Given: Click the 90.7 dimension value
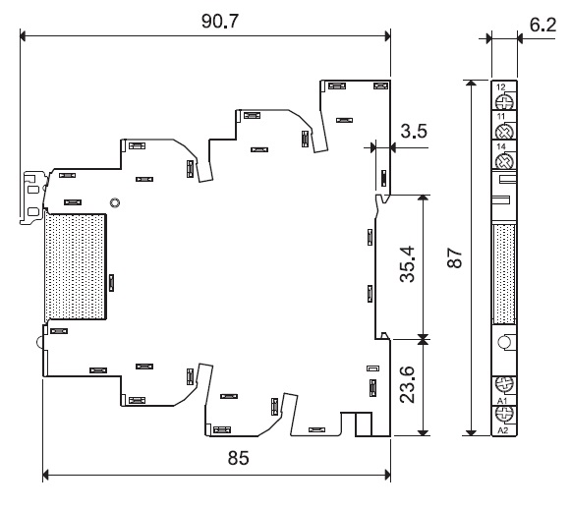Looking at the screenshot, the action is (220, 21).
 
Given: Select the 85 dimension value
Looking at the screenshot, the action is (239, 458).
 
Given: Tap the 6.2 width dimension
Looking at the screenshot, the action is (542, 25).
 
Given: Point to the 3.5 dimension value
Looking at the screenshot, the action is (414, 131).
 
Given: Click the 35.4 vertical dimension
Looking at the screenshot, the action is (407, 264).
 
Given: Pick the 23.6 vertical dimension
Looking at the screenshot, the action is (407, 384).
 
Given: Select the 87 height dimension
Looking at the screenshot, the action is (455, 257).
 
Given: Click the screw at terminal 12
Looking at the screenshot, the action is (504, 101).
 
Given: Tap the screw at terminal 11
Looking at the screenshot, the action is (504, 131).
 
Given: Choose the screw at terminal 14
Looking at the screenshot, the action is (504, 161).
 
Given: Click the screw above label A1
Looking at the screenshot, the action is (504, 384).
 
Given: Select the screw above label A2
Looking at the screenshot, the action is (504, 414).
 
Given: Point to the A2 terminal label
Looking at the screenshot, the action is (502, 430).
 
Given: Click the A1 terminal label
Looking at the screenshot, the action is (502, 401).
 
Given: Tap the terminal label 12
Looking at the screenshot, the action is (500, 86).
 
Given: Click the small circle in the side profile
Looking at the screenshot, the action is (504, 342).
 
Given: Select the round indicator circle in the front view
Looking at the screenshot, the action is (115, 202).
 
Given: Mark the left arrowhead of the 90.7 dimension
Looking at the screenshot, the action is (23, 36).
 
